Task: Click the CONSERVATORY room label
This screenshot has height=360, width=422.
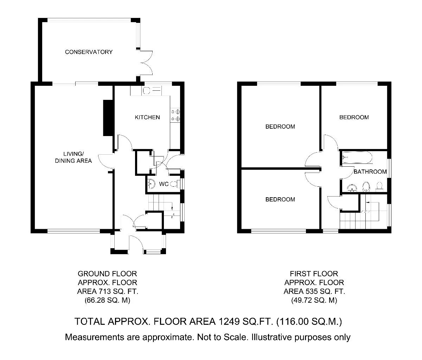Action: pyautogui.click(x=89, y=52)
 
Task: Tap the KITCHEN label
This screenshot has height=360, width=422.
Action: pyautogui.click(x=147, y=117)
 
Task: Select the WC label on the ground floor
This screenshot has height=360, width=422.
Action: pyautogui.click(x=164, y=184)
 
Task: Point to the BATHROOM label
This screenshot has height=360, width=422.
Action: pyautogui.click(x=370, y=172)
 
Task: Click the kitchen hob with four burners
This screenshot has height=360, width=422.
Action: pyautogui.click(x=175, y=115)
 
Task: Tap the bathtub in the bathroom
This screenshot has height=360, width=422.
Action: pyautogui.click(x=357, y=157)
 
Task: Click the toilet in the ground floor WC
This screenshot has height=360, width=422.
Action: pyautogui.click(x=174, y=184)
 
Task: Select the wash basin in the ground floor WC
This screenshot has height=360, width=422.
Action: pyautogui.click(x=151, y=184)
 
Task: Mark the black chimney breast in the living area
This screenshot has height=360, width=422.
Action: pyautogui.click(x=108, y=118)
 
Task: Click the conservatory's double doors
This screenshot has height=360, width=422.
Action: pyautogui.click(x=146, y=63)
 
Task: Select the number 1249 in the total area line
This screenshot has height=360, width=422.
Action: pyautogui.click(x=229, y=321)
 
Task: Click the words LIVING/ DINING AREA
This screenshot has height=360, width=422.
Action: pyautogui.click(x=73, y=157)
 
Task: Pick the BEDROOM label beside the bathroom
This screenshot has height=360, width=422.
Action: pyautogui.click(x=354, y=117)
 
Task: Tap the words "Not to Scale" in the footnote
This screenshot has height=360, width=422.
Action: pyautogui.click(x=222, y=337)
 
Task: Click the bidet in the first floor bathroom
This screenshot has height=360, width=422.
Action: pyautogui.click(x=366, y=187)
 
